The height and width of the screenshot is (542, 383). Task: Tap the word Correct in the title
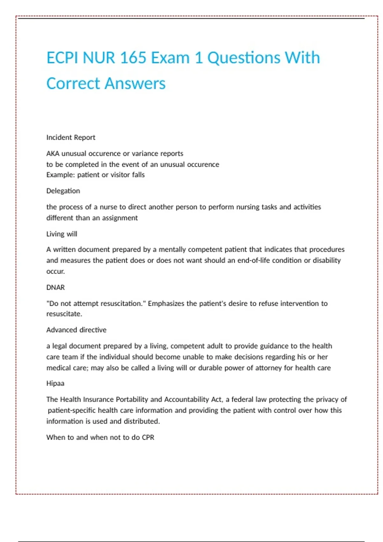73,84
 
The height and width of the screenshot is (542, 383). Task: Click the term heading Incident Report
71,137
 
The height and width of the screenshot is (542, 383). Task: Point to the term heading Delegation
63,191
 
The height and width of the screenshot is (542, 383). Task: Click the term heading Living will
62,234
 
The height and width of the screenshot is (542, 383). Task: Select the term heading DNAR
56,288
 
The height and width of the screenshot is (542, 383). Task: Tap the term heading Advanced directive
76,330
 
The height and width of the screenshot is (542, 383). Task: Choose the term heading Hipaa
55,384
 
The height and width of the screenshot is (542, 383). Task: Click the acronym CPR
148,437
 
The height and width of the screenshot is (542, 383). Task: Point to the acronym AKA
53,154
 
